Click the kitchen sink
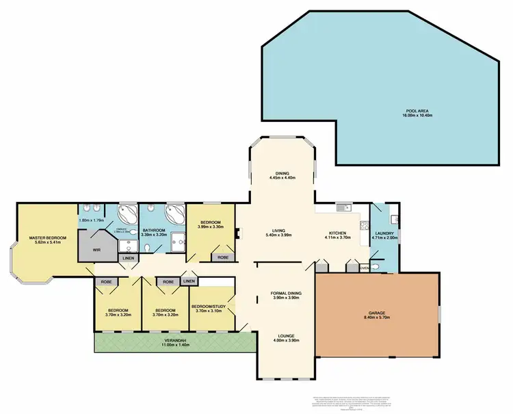[x=342, y=205]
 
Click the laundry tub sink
[x=393, y=219]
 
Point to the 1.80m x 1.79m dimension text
[x=91, y=220]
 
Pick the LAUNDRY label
[x=384, y=234]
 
